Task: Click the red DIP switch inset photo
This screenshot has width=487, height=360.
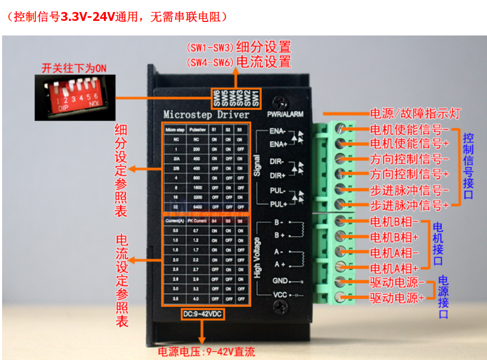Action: [x=74, y=97]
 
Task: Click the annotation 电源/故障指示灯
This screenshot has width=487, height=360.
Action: [x=415, y=113]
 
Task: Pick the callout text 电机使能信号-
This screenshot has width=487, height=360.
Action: [x=409, y=128]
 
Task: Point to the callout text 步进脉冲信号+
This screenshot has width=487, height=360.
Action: [x=409, y=205]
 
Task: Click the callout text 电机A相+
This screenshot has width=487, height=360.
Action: [x=394, y=269]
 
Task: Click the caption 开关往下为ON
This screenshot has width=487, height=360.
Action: [x=74, y=68]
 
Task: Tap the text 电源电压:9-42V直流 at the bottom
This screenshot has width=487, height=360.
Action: [x=207, y=352]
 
